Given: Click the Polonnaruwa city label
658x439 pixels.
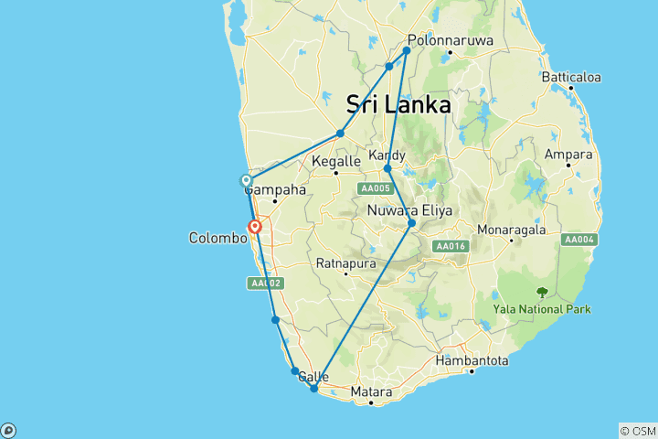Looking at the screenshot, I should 451,41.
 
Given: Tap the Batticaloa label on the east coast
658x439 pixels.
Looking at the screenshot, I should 569,79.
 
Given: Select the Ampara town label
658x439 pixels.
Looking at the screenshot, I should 568,155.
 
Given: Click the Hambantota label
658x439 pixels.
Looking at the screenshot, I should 472,361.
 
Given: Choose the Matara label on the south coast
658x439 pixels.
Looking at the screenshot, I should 372,392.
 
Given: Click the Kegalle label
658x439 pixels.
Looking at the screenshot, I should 335,162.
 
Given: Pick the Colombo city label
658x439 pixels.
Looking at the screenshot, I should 218,238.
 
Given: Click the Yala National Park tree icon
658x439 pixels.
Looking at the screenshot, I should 542,294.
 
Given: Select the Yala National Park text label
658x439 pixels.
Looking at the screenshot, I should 542,309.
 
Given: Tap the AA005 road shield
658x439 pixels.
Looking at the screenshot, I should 374,188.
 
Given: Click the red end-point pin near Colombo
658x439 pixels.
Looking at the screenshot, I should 256,226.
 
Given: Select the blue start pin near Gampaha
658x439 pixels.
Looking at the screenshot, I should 246,181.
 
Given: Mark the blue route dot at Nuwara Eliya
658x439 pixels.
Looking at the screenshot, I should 412,223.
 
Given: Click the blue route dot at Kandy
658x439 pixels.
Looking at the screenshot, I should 387,169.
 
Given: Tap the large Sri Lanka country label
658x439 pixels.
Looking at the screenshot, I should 398,105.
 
